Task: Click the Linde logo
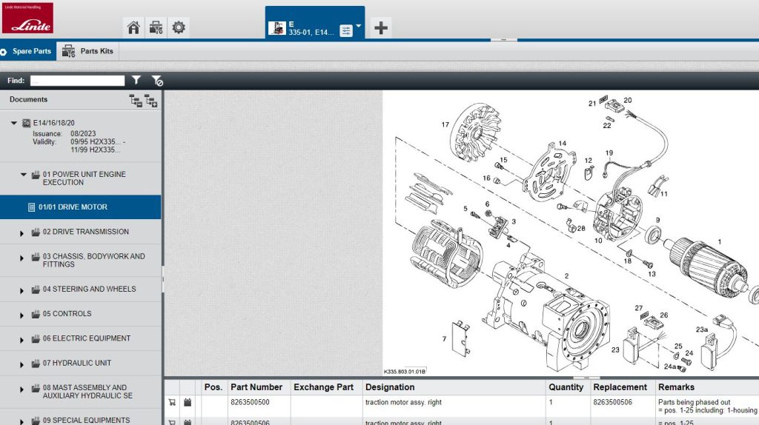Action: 27,19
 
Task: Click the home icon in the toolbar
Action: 133,28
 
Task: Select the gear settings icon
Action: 179,28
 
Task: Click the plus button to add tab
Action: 381,28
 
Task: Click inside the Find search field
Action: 77,80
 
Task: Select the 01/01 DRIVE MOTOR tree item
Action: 73,207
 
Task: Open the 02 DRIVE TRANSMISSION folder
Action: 85,232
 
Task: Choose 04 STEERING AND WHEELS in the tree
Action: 89,289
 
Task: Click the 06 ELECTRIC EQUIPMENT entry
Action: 86,338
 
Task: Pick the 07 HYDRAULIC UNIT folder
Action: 77,363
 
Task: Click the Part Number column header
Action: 256,387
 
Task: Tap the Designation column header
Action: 390,387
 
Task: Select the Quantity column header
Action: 566,387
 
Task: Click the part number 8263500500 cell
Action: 250,403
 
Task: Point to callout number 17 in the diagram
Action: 445,124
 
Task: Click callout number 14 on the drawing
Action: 562,144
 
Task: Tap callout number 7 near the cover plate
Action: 444,339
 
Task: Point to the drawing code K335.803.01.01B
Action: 405,372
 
